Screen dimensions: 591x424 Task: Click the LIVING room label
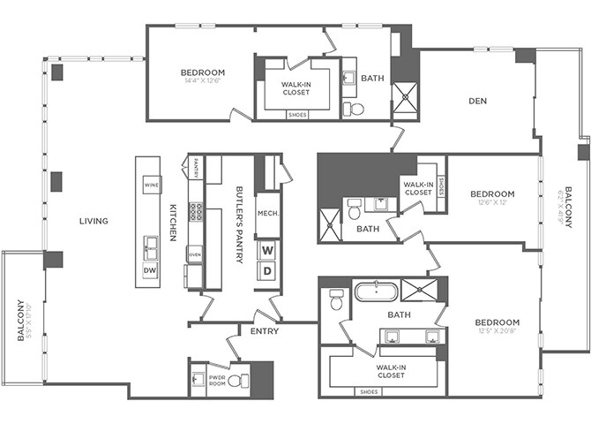click(x=93, y=221)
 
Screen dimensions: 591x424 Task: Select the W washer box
click(x=267, y=249)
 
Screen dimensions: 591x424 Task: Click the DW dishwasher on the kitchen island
click(x=149, y=270)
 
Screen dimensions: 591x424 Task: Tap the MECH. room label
click(x=267, y=213)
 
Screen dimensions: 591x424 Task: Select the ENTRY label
click(x=265, y=331)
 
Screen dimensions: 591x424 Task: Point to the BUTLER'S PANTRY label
click(x=239, y=223)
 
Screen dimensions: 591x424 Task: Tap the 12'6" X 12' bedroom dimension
click(x=491, y=202)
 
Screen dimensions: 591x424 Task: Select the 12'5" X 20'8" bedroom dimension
click(x=497, y=331)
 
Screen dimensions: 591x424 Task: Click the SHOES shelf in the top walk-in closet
click(x=297, y=114)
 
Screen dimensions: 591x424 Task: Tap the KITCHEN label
click(x=173, y=223)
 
